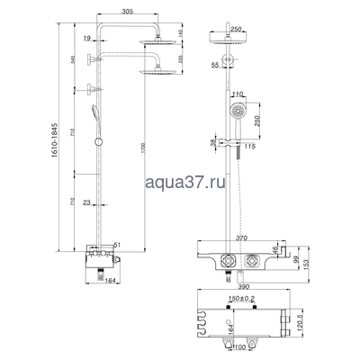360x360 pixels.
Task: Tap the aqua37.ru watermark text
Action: coord(180,183)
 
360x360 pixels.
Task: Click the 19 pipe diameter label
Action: coord(83,40)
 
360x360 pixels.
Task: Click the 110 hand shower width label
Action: coord(238,94)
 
